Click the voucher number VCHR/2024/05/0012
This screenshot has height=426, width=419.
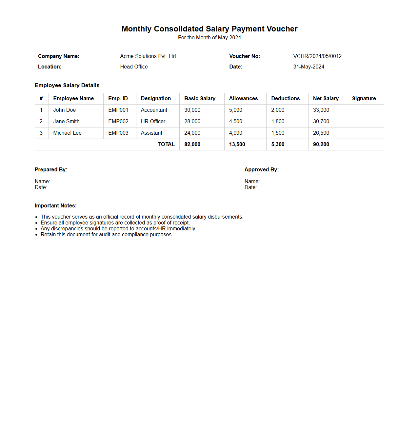(317, 56)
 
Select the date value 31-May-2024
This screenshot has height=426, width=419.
(309, 67)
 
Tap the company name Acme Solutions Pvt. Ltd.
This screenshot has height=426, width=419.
(149, 56)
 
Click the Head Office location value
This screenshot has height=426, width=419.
(134, 67)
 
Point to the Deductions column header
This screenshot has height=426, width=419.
(285, 99)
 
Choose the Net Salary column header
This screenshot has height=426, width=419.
(326, 99)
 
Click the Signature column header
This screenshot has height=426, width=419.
(364, 99)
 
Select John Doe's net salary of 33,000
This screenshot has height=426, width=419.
(321, 110)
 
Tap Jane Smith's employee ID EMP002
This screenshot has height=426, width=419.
(118, 122)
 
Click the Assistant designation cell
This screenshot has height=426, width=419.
(151, 133)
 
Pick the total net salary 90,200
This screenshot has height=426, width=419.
(321, 145)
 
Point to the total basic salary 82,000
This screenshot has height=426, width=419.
(192, 145)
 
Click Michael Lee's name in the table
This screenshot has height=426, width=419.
(67, 133)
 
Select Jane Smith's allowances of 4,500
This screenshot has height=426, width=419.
(235, 122)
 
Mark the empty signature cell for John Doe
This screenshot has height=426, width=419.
(365, 110)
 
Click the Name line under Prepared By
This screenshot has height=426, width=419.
(79, 182)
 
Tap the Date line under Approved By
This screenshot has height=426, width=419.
(286, 188)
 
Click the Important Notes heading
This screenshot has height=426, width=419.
(55, 206)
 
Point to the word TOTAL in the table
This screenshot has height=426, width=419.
(166, 145)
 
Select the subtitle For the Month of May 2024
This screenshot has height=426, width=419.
(209, 38)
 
